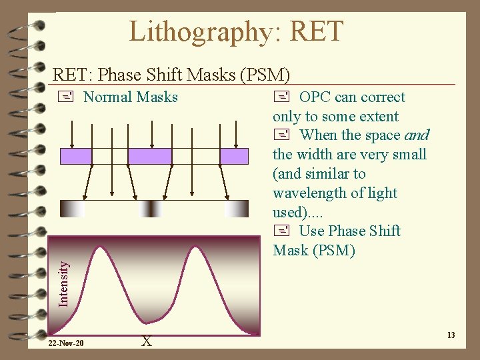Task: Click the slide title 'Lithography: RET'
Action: coord(236,31)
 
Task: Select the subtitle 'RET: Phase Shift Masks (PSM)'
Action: coord(171,75)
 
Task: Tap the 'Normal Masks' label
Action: coord(130,97)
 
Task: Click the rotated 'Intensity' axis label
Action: coord(63,283)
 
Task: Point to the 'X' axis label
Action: coord(147,341)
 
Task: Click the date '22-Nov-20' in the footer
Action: coord(66,343)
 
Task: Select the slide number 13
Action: coord(451,335)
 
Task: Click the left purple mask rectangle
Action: coord(76,156)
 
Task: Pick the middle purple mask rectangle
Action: coord(149,156)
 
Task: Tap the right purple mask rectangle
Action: coord(234,156)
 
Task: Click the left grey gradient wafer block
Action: coord(73,209)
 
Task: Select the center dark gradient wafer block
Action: coord(151,209)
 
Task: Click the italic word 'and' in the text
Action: coord(416,135)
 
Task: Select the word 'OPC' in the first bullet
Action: coord(315,97)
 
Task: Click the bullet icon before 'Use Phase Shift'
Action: coord(279,231)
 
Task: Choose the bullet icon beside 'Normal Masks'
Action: coord(64,97)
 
